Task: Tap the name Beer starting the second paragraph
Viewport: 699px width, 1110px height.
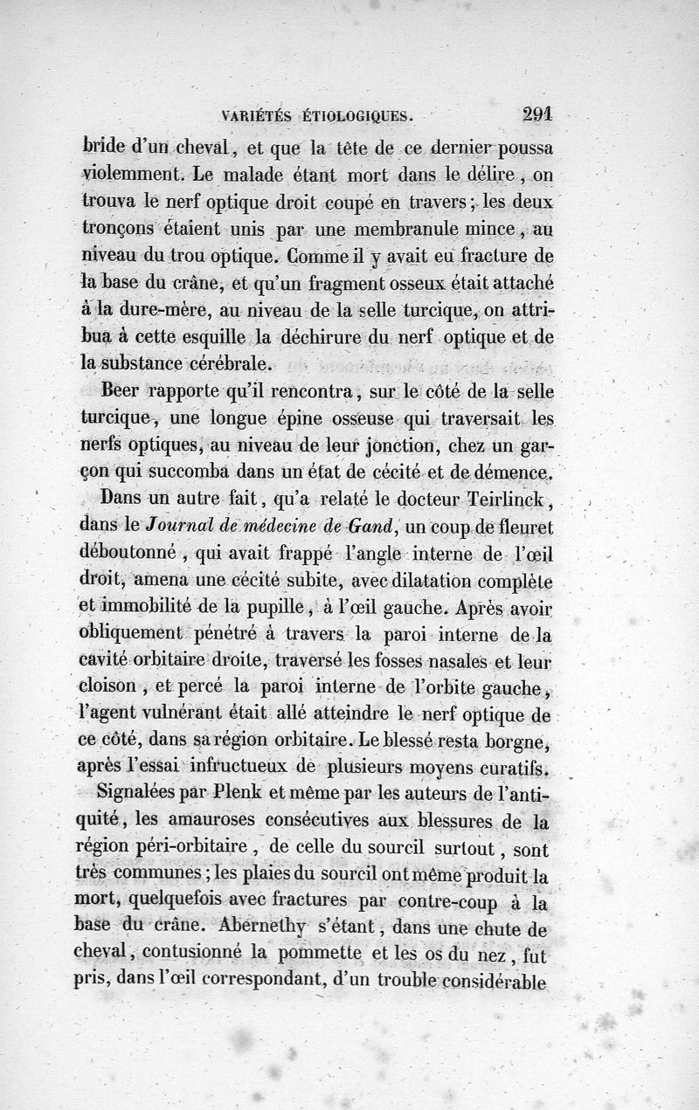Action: coord(123,389)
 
